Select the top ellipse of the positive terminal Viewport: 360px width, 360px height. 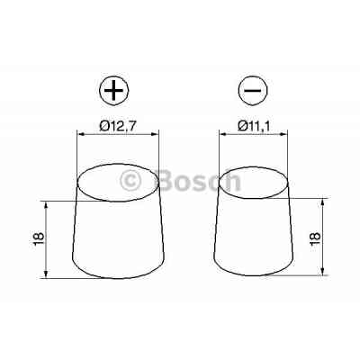pyautogui.click(x=117, y=180)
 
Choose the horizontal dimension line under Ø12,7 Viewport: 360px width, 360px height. pyautogui.click(x=118, y=134)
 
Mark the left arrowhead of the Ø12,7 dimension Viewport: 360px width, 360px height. pyautogui.click(x=83, y=134)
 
